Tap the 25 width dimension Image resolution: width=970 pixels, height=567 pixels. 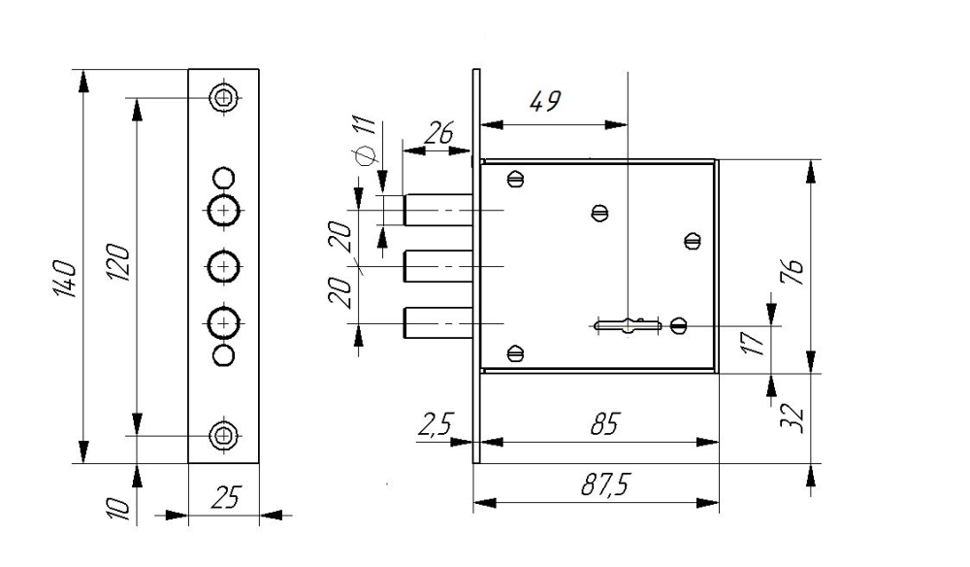point(224,500)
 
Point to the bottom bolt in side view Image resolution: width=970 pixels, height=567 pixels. point(438,321)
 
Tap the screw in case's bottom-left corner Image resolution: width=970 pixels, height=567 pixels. point(514,352)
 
